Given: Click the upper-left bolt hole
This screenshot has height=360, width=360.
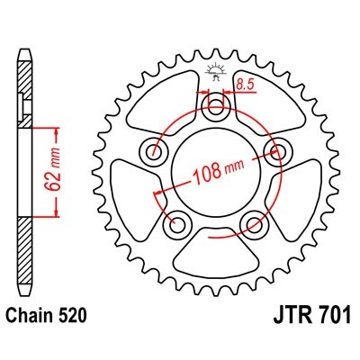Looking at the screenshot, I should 157,151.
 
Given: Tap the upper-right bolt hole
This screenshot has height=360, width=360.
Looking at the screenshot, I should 274,151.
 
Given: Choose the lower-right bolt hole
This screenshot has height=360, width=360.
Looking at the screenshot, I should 252,221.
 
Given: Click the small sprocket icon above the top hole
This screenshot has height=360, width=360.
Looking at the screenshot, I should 216,72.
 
